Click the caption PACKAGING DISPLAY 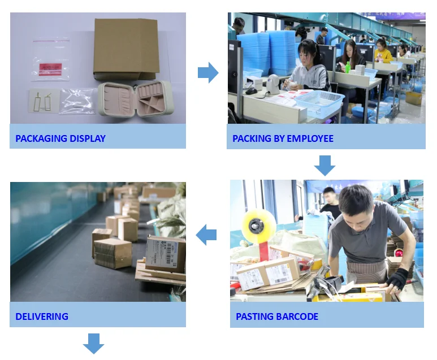pyautogui.click(x=60, y=138)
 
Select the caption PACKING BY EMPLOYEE pyautogui.click(x=283, y=138)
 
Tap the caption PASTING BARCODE pyautogui.click(x=277, y=316)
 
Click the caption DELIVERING pyautogui.click(x=42, y=316)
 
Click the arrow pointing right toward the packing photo pyautogui.click(x=207, y=72)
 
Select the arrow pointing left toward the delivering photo pyautogui.click(x=207, y=235)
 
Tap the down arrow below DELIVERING pyautogui.click(x=94, y=343)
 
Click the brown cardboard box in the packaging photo pyautogui.click(x=126, y=48)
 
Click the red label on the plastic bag pyautogui.click(x=49, y=68)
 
